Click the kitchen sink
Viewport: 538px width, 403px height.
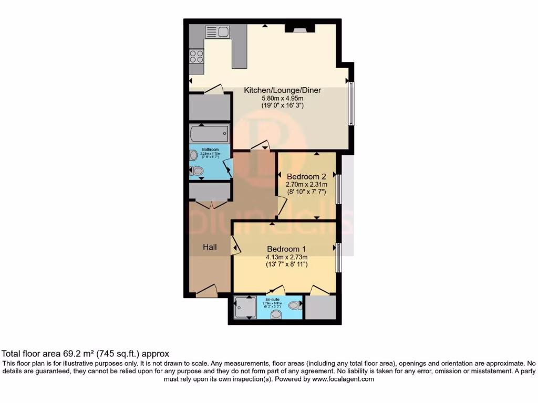[x=217, y=32]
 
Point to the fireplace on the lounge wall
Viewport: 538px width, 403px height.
[x=299, y=28]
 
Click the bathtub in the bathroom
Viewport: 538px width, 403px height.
[x=210, y=133]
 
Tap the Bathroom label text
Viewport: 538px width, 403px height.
[x=210, y=149]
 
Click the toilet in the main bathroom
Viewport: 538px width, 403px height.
[x=197, y=171]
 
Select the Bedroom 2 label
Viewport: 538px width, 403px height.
[x=306, y=176]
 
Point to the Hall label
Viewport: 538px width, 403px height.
[x=211, y=247]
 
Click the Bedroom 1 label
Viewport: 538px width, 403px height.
[x=286, y=249]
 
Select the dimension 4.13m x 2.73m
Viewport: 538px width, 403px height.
[x=286, y=257]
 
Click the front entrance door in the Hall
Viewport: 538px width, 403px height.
[x=206, y=291]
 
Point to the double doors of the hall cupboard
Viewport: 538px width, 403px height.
[x=210, y=204]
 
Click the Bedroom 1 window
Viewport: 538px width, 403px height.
[x=339, y=257]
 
